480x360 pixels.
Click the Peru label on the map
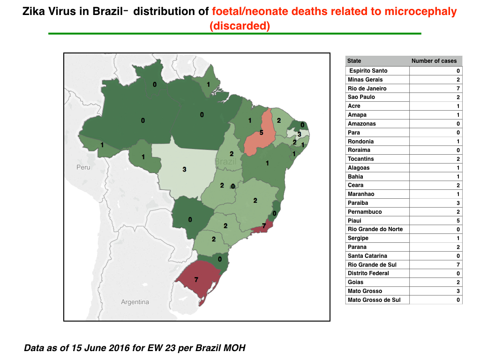click(x=83, y=167)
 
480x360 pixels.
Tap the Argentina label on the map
click(x=135, y=302)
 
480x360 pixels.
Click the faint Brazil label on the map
click(x=225, y=162)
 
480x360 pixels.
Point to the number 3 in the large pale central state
click(x=184, y=169)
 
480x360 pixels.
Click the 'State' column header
click(x=354, y=61)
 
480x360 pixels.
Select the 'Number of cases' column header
click(x=434, y=61)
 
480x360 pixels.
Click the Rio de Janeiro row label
click(x=367, y=89)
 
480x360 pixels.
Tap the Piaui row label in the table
click(x=354, y=221)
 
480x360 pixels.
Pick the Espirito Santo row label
click(x=368, y=71)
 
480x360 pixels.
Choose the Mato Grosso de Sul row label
click(x=374, y=300)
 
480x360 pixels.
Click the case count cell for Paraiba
click(x=435, y=203)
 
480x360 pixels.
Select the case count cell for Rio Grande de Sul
click(x=435, y=265)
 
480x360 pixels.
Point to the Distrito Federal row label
click(x=368, y=273)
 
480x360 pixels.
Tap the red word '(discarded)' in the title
click(x=240, y=26)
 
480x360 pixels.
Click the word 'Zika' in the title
click(x=34, y=11)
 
